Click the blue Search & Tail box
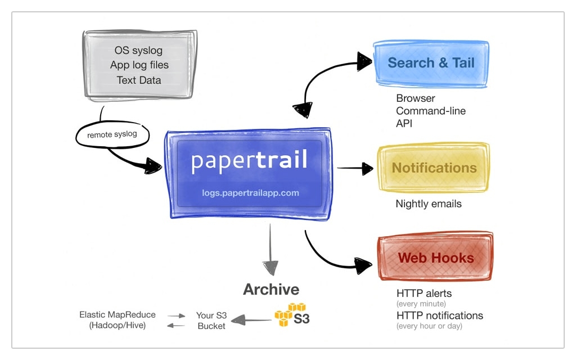pyautogui.click(x=431, y=63)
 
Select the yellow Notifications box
pyautogui.click(x=434, y=168)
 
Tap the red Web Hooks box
pyautogui.click(x=436, y=258)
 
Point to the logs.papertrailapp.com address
pyautogui.click(x=250, y=193)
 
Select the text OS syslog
pyautogui.click(x=138, y=51)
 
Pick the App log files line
pyautogui.click(x=139, y=65)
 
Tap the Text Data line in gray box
pyautogui.click(x=139, y=80)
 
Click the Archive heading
pyautogui.click(x=271, y=290)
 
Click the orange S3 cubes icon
pyautogui.click(x=290, y=314)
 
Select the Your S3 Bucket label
pyautogui.click(x=211, y=321)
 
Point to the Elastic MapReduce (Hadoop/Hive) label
pyautogui.click(x=118, y=320)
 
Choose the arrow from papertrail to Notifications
pyautogui.click(x=355, y=168)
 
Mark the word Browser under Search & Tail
pyautogui.click(x=415, y=98)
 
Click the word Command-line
pyautogui.click(x=431, y=111)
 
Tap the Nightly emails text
pyautogui.click(x=429, y=204)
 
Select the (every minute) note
pyautogui.click(x=421, y=304)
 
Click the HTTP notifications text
pyautogui.click(x=439, y=315)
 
